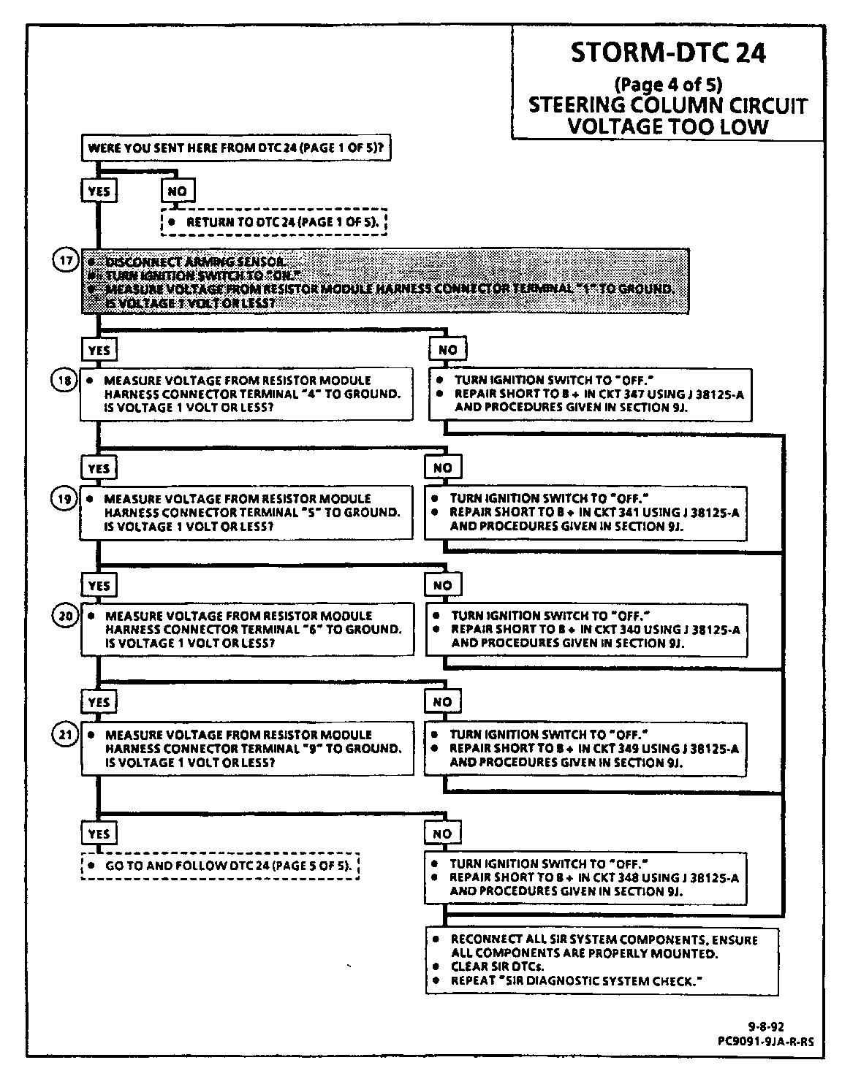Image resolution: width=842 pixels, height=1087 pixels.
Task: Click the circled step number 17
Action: tap(66, 261)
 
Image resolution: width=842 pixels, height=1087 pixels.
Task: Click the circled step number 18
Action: tap(66, 380)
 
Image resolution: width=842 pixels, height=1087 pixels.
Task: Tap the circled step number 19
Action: tap(66, 498)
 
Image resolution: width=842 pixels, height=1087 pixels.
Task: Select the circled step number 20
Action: tap(66, 616)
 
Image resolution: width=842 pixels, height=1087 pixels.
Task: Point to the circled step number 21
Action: tap(66, 734)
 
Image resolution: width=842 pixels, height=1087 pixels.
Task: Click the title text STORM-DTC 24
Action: tap(667, 53)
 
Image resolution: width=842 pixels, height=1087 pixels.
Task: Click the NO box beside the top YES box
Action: tap(178, 191)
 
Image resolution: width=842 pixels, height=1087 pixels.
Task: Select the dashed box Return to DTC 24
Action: tap(273, 221)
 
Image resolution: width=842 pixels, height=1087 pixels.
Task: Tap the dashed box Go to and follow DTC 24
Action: tap(219, 866)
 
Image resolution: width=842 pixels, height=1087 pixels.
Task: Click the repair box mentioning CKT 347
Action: tap(590, 394)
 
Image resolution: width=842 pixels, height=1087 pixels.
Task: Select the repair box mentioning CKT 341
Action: tap(585, 512)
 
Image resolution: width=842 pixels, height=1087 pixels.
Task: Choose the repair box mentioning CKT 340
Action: tap(585, 629)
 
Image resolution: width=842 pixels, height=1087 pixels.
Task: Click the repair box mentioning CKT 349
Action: tap(585, 748)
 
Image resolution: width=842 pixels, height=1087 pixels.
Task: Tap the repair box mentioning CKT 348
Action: tap(585, 877)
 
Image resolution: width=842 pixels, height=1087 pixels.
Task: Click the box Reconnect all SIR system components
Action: tap(602, 961)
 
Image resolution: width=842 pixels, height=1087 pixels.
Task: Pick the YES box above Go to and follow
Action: tap(99, 834)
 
